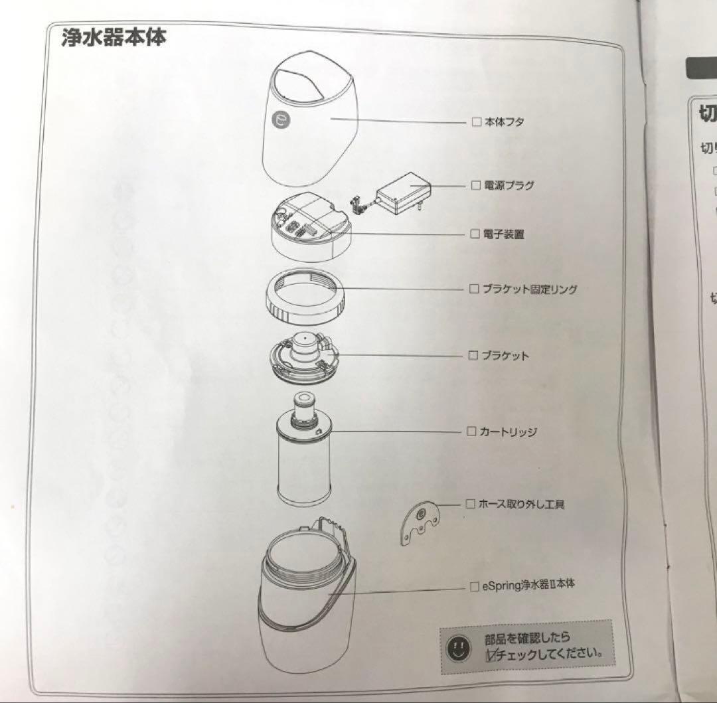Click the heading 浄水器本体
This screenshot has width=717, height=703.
tap(113, 37)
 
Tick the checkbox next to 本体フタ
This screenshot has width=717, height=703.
tap(475, 121)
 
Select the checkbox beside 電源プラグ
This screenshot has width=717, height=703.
tap(475, 185)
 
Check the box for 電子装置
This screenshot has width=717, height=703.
tap(475, 234)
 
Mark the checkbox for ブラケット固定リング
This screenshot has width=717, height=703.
tap(474, 289)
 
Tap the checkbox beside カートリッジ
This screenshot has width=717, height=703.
tap(471, 431)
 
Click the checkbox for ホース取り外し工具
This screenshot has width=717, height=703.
tap(471, 504)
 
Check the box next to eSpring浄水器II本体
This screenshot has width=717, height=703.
tap(473, 586)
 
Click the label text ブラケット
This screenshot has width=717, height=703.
tap(505, 356)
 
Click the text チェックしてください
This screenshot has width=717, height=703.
tap(550, 654)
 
